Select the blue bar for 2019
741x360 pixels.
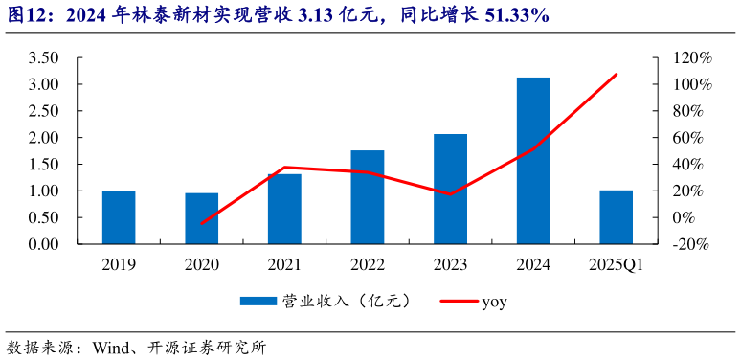(x=119, y=217)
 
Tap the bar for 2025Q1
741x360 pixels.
(x=616, y=217)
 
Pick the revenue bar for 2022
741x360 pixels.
(x=368, y=197)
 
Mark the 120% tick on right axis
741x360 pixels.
(x=692, y=57)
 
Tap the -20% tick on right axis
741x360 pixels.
(x=692, y=244)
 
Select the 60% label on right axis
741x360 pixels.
(x=692, y=138)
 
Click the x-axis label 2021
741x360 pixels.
(x=284, y=264)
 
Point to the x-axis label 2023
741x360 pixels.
(x=450, y=264)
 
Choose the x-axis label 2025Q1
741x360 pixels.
(x=616, y=264)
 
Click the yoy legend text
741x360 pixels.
(x=494, y=302)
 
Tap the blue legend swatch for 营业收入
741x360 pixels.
(x=257, y=302)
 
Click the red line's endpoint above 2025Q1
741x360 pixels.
(x=617, y=74)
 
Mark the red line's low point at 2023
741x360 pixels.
(x=450, y=194)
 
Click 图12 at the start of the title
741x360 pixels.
(x=23, y=16)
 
